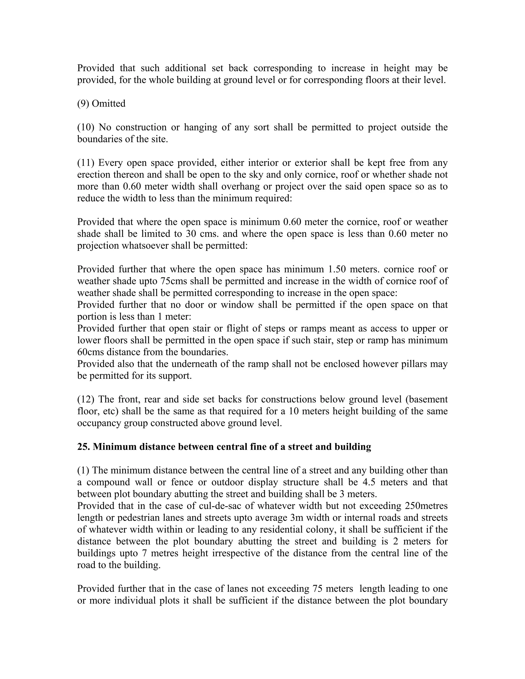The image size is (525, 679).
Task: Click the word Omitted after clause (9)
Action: pyautogui.click(x=108, y=104)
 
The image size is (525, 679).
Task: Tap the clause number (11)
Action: pyautogui.click(x=86, y=163)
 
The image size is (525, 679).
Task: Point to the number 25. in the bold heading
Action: pyautogui.click(x=83, y=447)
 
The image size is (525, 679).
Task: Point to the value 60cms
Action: pyautogui.click(x=90, y=352)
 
